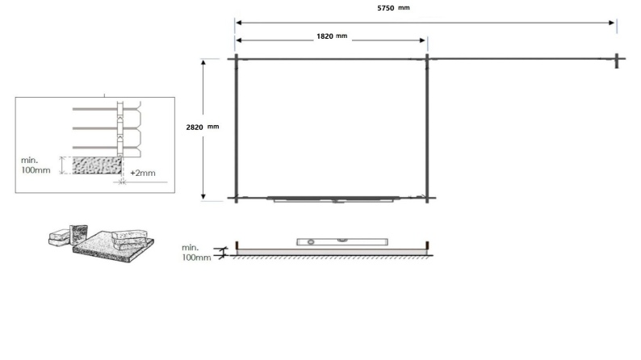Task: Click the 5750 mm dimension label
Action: pyautogui.click(x=392, y=8)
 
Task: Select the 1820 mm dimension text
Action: pyautogui.click(x=332, y=37)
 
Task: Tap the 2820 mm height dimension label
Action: pyautogui.click(x=202, y=128)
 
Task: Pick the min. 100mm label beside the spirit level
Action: pyautogui.click(x=196, y=252)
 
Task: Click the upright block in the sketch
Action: pyautogui.click(x=79, y=233)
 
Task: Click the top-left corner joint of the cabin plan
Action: pyautogui.click(x=235, y=58)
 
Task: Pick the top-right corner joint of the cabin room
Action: pyautogui.click(x=426, y=58)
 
